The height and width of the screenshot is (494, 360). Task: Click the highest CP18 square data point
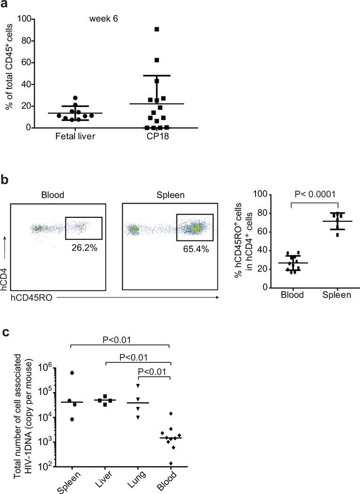tap(157, 29)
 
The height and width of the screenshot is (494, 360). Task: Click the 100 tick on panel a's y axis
tap(24, 19)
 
